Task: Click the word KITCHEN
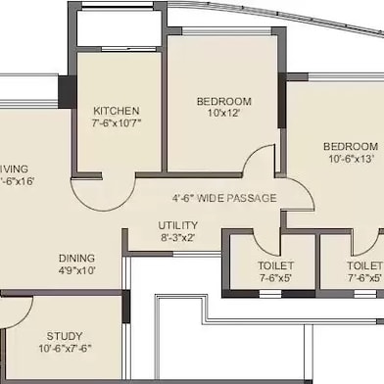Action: point(117,111)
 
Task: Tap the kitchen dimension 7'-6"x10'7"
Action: point(117,124)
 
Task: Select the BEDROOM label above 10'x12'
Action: point(223,101)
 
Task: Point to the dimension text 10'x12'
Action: point(223,115)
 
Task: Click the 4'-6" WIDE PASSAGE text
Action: point(224,198)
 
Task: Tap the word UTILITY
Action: point(178,224)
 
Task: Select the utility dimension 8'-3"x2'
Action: point(178,237)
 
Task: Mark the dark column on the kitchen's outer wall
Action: point(66,91)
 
